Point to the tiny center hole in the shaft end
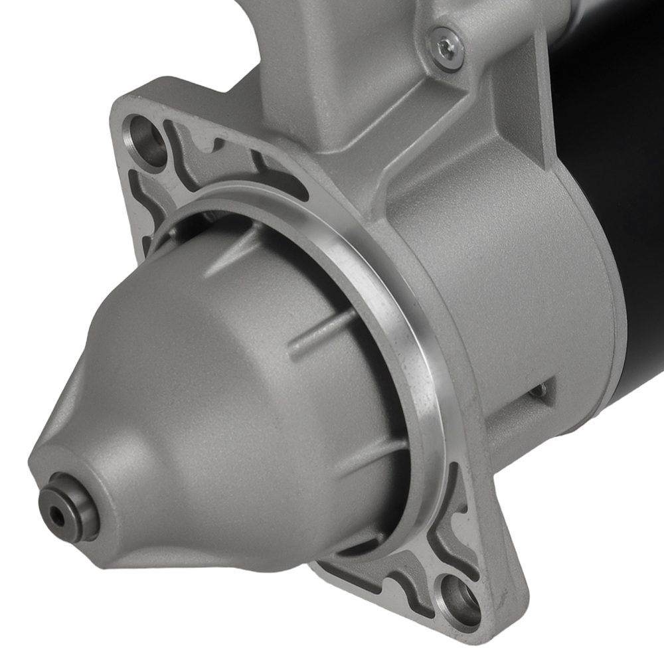coord(59,515)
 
